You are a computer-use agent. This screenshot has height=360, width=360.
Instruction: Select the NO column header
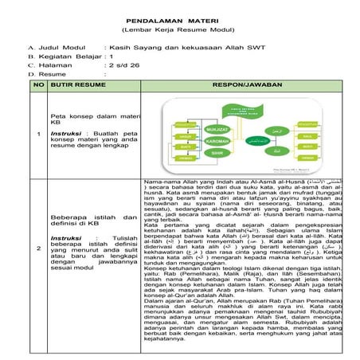(37, 83)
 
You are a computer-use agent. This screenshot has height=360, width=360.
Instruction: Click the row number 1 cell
(37, 132)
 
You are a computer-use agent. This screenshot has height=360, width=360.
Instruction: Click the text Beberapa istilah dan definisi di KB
(84, 220)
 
